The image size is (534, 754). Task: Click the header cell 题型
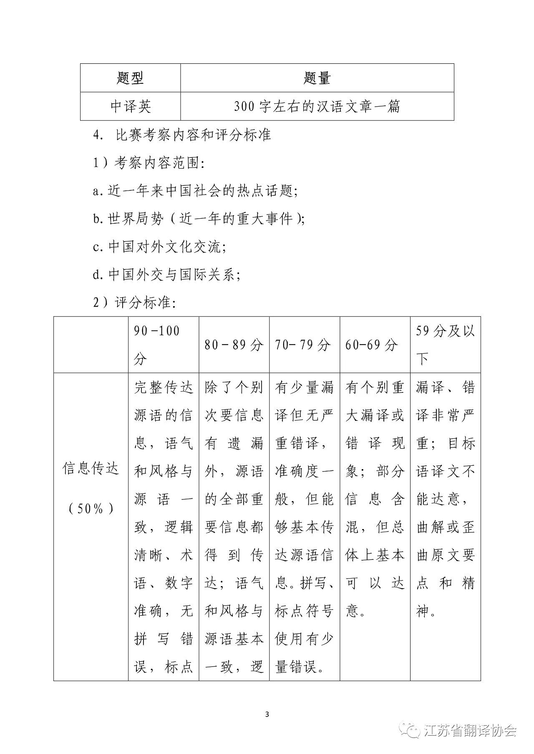[x=130, y=78]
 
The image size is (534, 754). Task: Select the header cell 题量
[x=317, y=78]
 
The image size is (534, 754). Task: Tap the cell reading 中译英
[x=130, y=107]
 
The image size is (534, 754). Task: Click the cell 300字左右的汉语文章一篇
[x=317, y=107]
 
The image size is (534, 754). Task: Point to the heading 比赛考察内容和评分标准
[x=194, y=135]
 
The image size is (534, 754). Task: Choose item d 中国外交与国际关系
[x=167, y=275]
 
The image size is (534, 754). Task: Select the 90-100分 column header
[x=157, y=345]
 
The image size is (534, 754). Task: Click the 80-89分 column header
[x=234, y=345]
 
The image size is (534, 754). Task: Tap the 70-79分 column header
[x=303, y=345]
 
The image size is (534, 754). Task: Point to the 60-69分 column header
[x=371, y=345]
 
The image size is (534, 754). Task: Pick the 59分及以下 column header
[x=445, y=345]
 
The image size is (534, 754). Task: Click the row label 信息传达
[x=91, y=469]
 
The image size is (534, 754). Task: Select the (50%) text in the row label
[x=91, y=509]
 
